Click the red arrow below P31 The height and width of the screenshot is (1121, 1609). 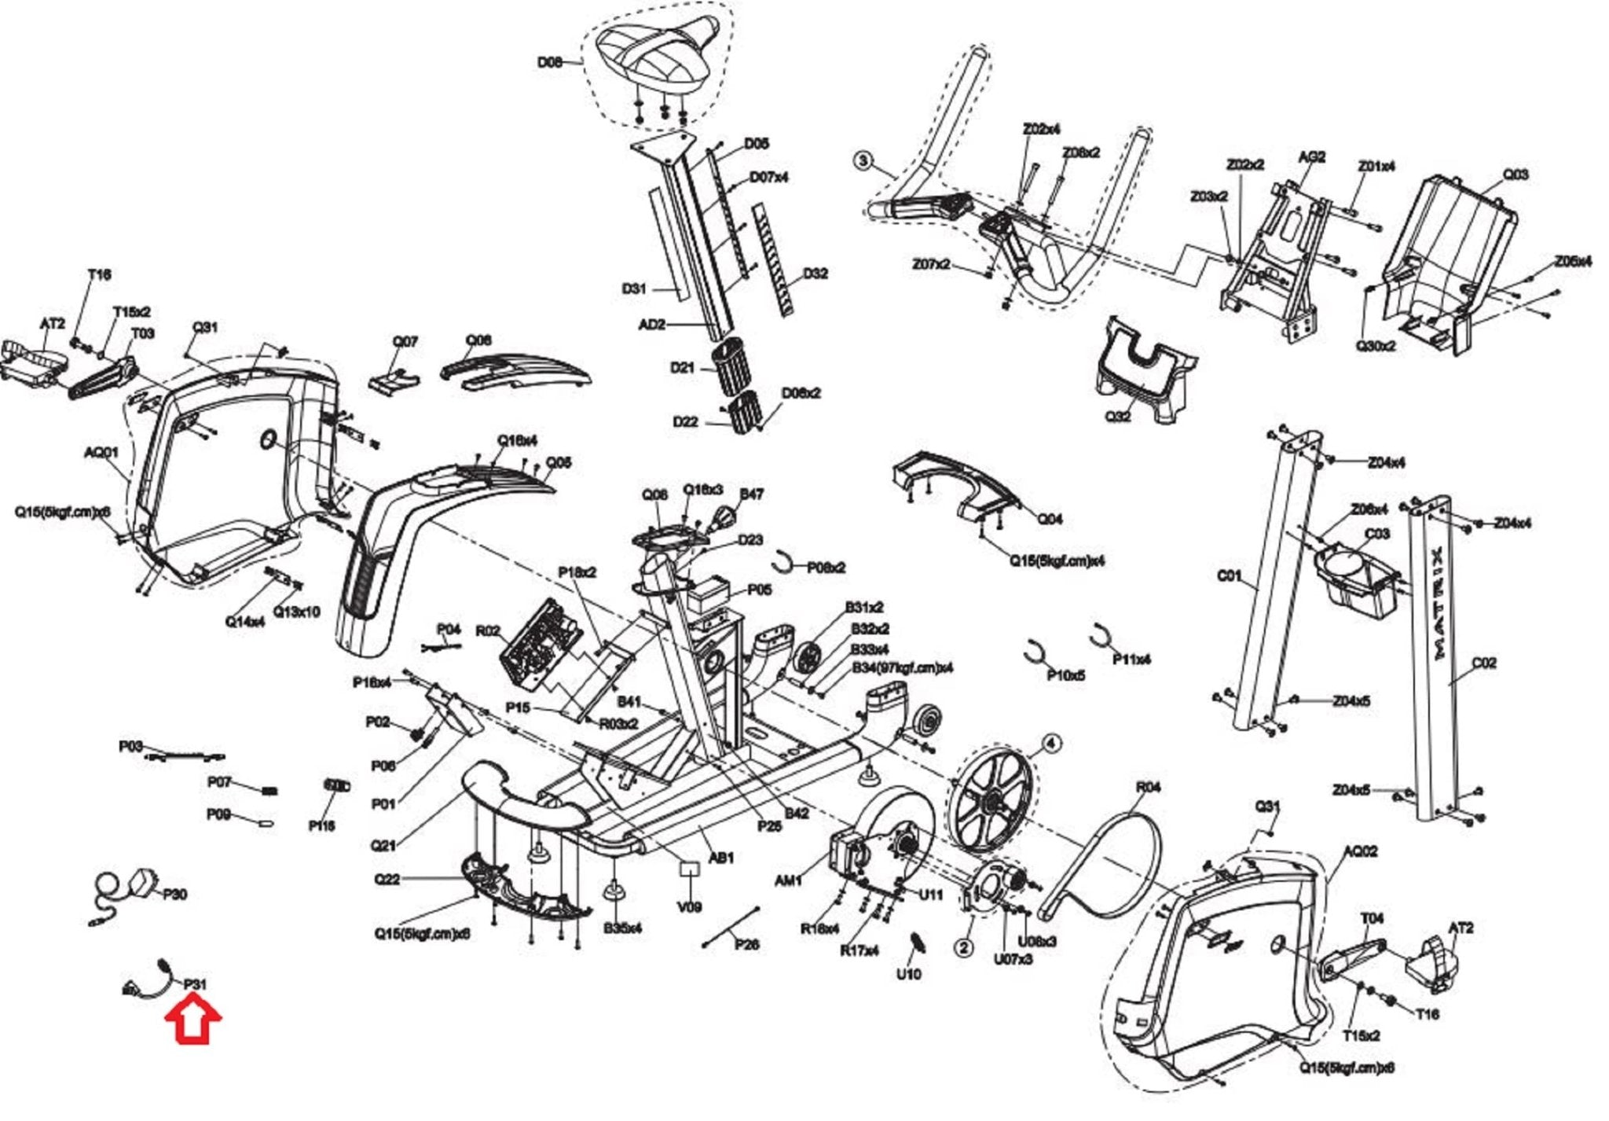click(x=193, y=1020)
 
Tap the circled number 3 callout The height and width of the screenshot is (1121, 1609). click(x=863, y=161)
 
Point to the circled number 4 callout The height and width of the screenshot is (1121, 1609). click(x=1050, y=743)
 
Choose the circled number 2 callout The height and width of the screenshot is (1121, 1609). click(x=965, y=947)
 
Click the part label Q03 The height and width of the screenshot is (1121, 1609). click(x=1516, y=174)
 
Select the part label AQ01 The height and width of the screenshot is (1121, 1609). click(x=101, y=452)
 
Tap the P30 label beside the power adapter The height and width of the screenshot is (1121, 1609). click(x=174, y=894)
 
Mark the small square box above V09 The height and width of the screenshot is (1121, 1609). click(x=689, y=869)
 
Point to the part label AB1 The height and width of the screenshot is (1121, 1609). click(x=720, y=857)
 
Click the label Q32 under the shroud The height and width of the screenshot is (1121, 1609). click(x=1117, y=416)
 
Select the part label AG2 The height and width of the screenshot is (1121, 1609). click(x=1311, y=156)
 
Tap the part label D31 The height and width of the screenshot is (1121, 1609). click(x=634, y=289)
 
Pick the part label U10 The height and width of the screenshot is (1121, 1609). click(x=908, y=974)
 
